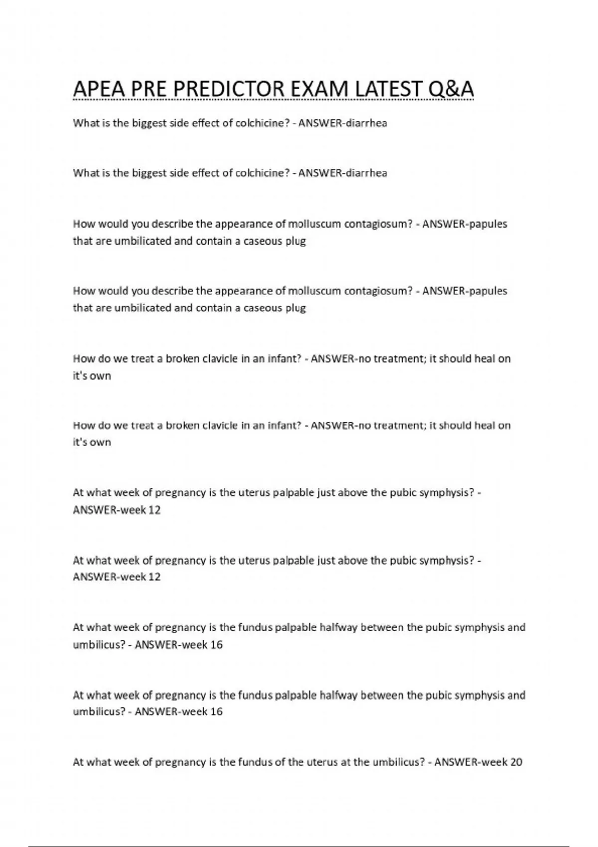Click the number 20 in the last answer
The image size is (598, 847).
[516, 762]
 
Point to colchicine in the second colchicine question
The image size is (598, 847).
[262, 173]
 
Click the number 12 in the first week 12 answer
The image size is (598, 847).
[154, 510]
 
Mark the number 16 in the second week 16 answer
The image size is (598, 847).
[216, 712]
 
